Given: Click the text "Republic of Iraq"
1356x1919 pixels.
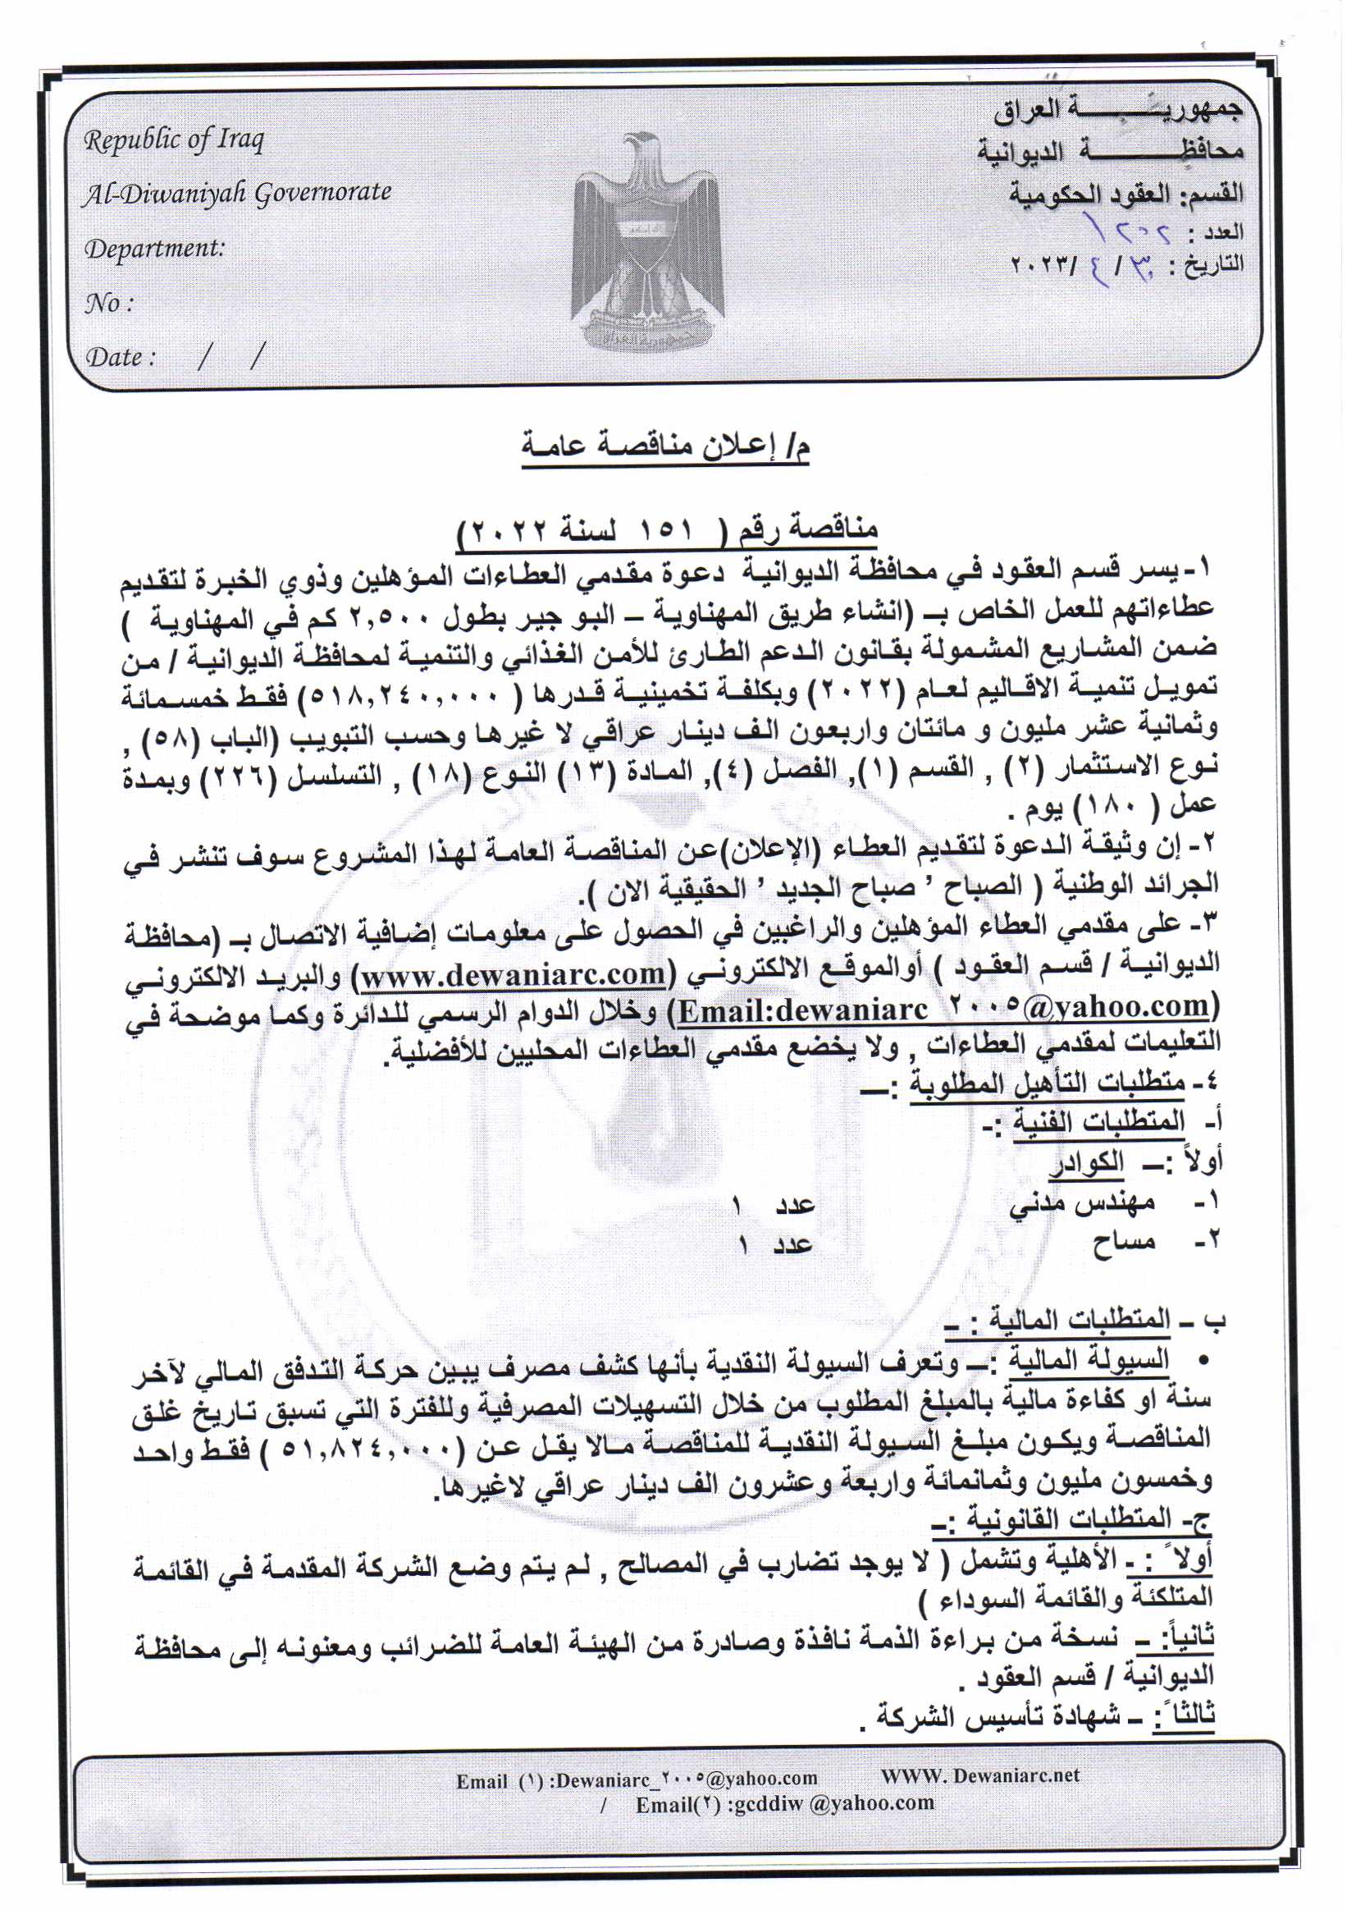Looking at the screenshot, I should [174, 140].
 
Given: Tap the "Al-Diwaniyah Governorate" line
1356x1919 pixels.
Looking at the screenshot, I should [237, 193].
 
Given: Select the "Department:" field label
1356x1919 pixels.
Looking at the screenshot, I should [154, 248].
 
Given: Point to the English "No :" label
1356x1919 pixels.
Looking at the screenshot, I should [108, 303].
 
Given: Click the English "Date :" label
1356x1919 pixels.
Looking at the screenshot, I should [122, 357].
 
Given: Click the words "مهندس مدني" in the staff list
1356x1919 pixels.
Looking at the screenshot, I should [1082, 1204].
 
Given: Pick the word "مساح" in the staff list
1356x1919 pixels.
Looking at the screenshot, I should [1123, 1243].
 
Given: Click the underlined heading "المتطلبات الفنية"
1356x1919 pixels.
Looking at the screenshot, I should [1098, 1123].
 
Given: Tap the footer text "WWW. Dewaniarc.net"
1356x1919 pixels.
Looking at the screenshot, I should [980, 1775].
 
